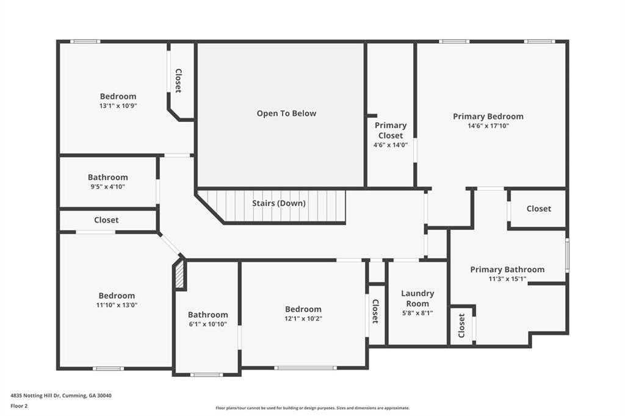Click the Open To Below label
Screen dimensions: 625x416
click(286, 113)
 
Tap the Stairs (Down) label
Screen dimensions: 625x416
click(278, 203)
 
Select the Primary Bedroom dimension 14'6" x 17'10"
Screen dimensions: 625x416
click(488, 126)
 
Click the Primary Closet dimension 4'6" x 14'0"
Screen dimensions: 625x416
click(390, 145)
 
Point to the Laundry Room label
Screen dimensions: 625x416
click(417, 298)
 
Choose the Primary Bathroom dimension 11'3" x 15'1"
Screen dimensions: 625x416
click(507, 279)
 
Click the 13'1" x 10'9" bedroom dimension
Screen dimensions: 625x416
click(118, 106)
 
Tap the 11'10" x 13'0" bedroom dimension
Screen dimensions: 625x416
click(117, 305)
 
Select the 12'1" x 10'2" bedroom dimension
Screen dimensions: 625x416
click(303, 319)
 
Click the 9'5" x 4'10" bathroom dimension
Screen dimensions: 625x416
click(107, 187)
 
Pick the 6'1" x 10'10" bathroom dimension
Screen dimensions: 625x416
click(208, 325)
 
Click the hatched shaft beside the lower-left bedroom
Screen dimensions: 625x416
click(180, 274)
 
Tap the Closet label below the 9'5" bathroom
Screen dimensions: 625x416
click(106, 220)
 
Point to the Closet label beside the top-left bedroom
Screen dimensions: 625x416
click(178, 81)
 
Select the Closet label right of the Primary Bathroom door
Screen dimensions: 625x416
click(538, 209)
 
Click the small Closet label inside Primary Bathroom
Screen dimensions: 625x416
click(461, 326)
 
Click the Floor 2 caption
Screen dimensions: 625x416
click(19, 406)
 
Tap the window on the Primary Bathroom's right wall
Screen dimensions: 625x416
click(567, 255)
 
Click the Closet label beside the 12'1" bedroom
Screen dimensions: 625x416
click(375, 311)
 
